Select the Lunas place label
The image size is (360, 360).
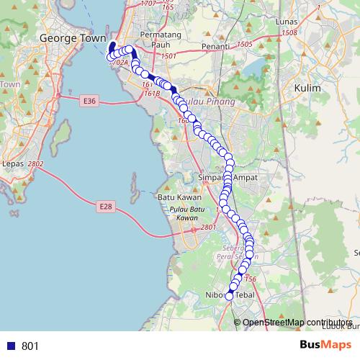point(287,22)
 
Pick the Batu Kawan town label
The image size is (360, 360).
point(177,196)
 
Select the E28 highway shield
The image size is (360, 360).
point(106,207)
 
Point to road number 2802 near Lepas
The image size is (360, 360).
point(36,164)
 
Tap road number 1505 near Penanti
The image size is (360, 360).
point(244,45)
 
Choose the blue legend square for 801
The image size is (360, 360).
point(11,346)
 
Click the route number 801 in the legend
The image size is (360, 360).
point(30,346)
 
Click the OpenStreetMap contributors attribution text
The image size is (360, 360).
point(298,323)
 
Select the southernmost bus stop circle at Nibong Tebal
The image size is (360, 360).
point(230,296)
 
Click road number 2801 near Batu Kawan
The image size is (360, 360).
point(208,228)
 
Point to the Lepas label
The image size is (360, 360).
point(14,164)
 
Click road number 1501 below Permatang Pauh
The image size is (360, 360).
point(169,56)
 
